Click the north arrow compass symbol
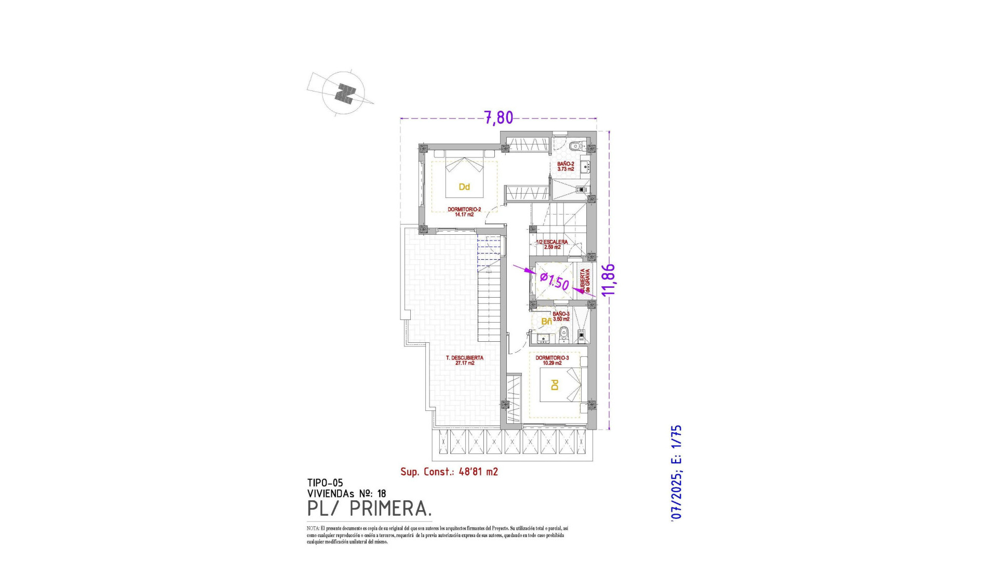coord(343,94)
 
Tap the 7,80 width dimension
coord(498,118)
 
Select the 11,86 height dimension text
coord(609,280)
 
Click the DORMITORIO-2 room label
coord(464,211)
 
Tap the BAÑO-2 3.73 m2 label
coord(565,166)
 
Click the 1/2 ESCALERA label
coord(552,244)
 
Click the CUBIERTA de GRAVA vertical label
coord(585,281)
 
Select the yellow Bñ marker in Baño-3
coord(546,322)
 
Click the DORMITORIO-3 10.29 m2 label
coord(552,360)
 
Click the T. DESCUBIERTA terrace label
coord(465,360)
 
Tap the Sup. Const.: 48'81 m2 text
coord(449,472)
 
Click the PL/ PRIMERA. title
coord(369,509)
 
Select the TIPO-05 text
coord(325,483)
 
